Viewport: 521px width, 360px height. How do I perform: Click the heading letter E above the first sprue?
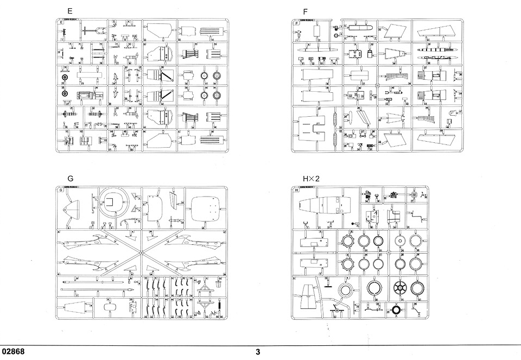pyautogui.click(x=69, y=11)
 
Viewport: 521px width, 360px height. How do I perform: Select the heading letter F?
pyautogui.click(x=306, y=11)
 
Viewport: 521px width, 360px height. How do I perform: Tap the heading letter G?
pyautogui.click(x=70, y=178)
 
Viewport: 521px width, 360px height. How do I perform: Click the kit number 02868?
pyautogui.click(x=13, y=352)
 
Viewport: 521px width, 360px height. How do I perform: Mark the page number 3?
pyautogui.click(x=258, y=352)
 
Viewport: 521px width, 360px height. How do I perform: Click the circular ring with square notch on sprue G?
pyautogui.click(x=113, y=203)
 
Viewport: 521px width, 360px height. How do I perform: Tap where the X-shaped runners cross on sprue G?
pyautogui.click(x=140, y=253)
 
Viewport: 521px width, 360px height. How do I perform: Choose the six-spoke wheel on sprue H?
pyautogui.click(x=401, y=288)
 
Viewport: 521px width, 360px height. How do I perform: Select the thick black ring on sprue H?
pyautogui.click(x=397, y=310)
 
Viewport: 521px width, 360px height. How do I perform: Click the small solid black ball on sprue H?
pyautogui.click(x=353, y=224)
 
